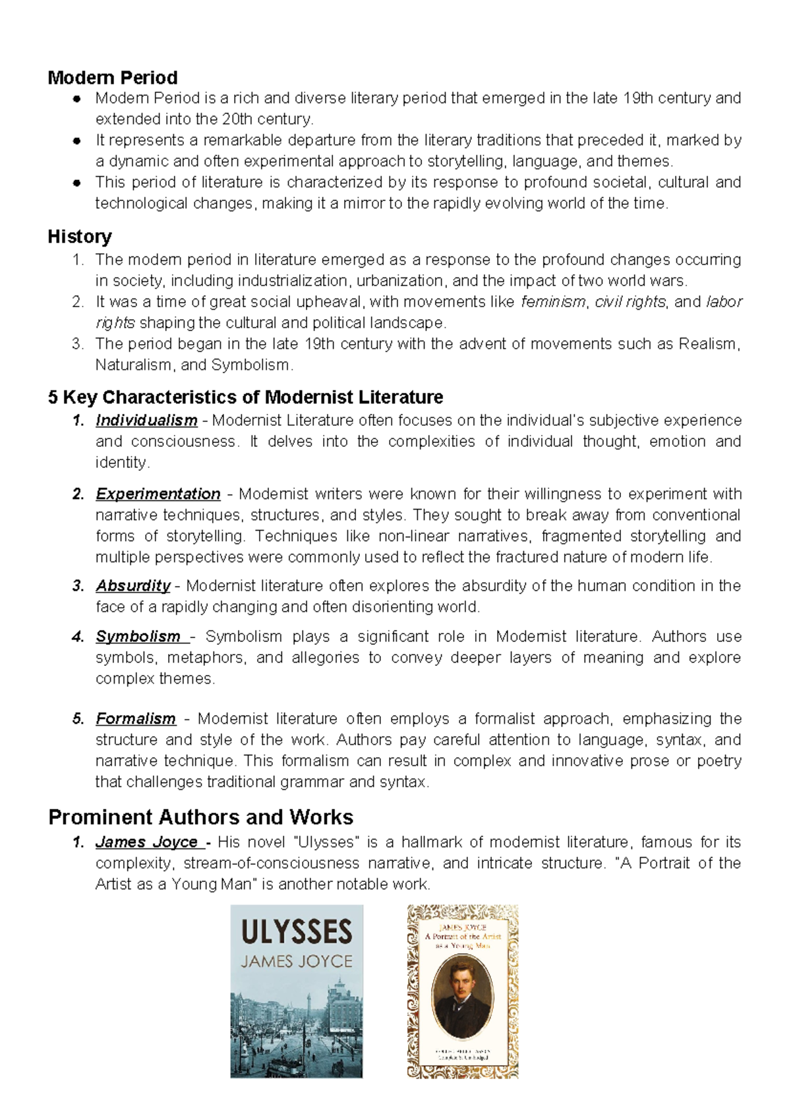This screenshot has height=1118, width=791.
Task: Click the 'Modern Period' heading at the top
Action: (x=113, y=78)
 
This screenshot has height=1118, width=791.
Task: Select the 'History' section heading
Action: (x=79, y=236)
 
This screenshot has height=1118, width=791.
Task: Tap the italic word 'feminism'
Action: (x=553, y=302)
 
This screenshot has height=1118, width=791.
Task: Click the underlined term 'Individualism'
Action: (x=146, y=421)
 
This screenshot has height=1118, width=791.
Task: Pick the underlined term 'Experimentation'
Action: (x=158, y=494)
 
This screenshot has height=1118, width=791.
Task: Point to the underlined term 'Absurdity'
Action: (x=132, y=586)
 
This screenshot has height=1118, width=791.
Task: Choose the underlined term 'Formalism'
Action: (x=136, y=719)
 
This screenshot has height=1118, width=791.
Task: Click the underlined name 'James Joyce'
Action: (x=146, y=842)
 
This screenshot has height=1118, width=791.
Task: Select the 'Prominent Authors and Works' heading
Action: (x=201, y=817)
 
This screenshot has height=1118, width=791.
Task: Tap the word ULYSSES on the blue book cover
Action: (x=297, y=932)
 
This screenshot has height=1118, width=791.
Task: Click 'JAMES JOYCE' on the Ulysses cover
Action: (x=297, y=962)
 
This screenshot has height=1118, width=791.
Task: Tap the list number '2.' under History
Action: (x=78, y=302)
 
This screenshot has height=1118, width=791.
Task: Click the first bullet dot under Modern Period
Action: (x=77, y=99)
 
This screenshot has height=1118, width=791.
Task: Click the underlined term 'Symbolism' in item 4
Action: (x=138, y=637)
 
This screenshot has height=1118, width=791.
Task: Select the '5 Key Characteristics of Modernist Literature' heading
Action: (x=245, y=397)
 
